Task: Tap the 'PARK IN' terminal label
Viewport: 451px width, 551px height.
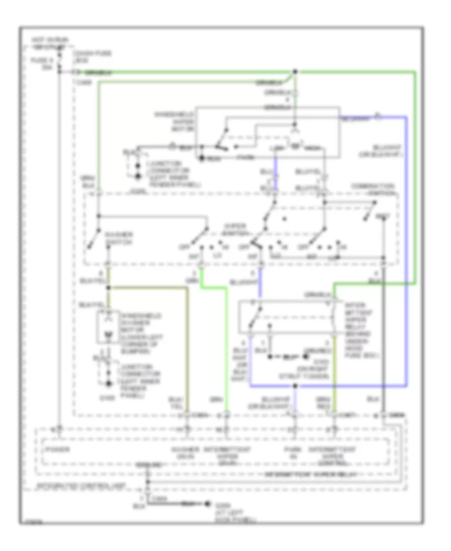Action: tap(294, 452)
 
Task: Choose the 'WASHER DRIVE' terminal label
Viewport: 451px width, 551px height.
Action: tap(186, 452)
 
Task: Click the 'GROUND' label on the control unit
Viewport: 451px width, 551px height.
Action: tap(149, 465)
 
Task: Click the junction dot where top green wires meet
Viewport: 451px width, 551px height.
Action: tap(295, 71)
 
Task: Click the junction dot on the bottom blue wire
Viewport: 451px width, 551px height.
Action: tap(295, 386)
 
